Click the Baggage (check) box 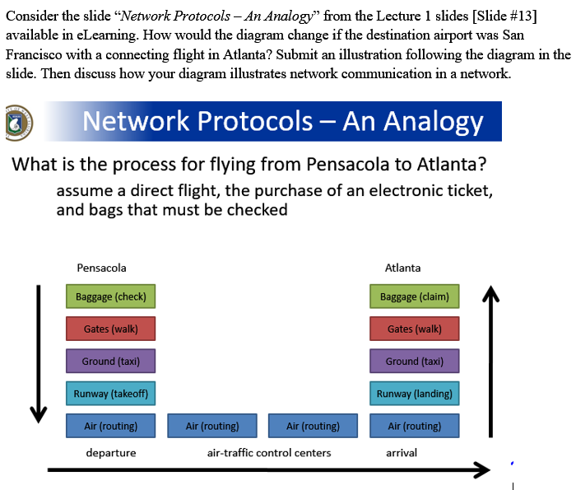click(110, 296)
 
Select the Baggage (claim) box click(415, 296)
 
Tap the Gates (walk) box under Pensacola click(110, 329)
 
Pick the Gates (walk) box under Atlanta click(415, 329)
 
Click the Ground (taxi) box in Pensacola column click(110, 361)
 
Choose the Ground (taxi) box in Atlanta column click(415, 361)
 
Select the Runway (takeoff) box click(110, 393)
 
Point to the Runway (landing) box click(415, 393)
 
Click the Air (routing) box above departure click(110, 426)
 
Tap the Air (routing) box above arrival click(415, 426)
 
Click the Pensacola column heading click(101, 268)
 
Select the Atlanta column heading click(402, 268)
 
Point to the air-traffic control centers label click(269, 453)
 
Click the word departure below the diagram click(111, 453)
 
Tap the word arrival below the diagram click(402, 453)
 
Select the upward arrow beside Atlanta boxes click(490, 362)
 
